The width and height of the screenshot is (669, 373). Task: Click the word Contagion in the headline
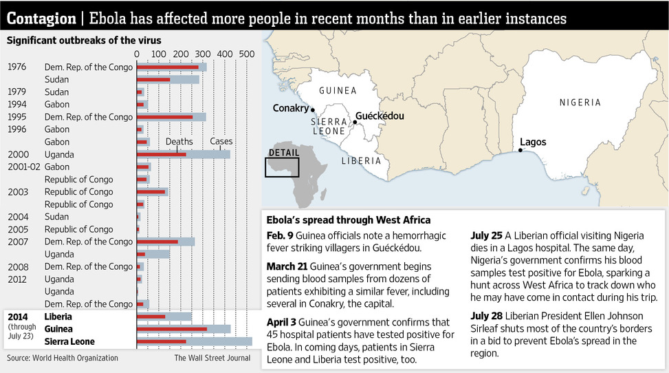click(x=41, y=19)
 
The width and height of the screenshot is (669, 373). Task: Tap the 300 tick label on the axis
click(x=203, y=54)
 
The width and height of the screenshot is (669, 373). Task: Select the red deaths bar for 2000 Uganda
click(x=162, y=154)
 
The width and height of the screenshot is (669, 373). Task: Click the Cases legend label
click(x=221, y=142)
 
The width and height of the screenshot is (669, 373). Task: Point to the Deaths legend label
click(x=179, y=142)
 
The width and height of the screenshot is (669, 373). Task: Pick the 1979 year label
click(x=17, y=92)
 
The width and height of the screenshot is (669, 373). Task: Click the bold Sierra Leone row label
click(x=69, y=341)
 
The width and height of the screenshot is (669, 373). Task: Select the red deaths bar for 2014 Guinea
click(x=172, y=329)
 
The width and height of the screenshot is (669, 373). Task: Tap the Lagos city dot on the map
click(x=520, y=150)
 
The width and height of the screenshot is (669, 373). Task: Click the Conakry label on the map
click(x=291, y=108)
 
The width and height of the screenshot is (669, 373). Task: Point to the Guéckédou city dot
click(x=355, y=122)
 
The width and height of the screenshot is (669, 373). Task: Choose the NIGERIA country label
click(x=580, y=103)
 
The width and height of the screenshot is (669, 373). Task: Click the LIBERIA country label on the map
click(x=361, y=161)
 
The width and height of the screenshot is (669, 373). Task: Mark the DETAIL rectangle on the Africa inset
click(x=282, y=167)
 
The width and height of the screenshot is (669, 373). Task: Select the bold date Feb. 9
click(x=280, y=235)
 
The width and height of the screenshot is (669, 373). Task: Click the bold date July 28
click(x=486, y=316)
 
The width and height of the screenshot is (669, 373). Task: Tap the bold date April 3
click(x=281, y=322)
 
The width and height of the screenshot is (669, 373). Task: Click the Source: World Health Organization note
click(x=63, y=358)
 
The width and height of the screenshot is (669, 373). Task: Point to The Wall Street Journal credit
click(x=212, y=358)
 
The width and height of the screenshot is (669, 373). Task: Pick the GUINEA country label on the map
click(x=338, y=91)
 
